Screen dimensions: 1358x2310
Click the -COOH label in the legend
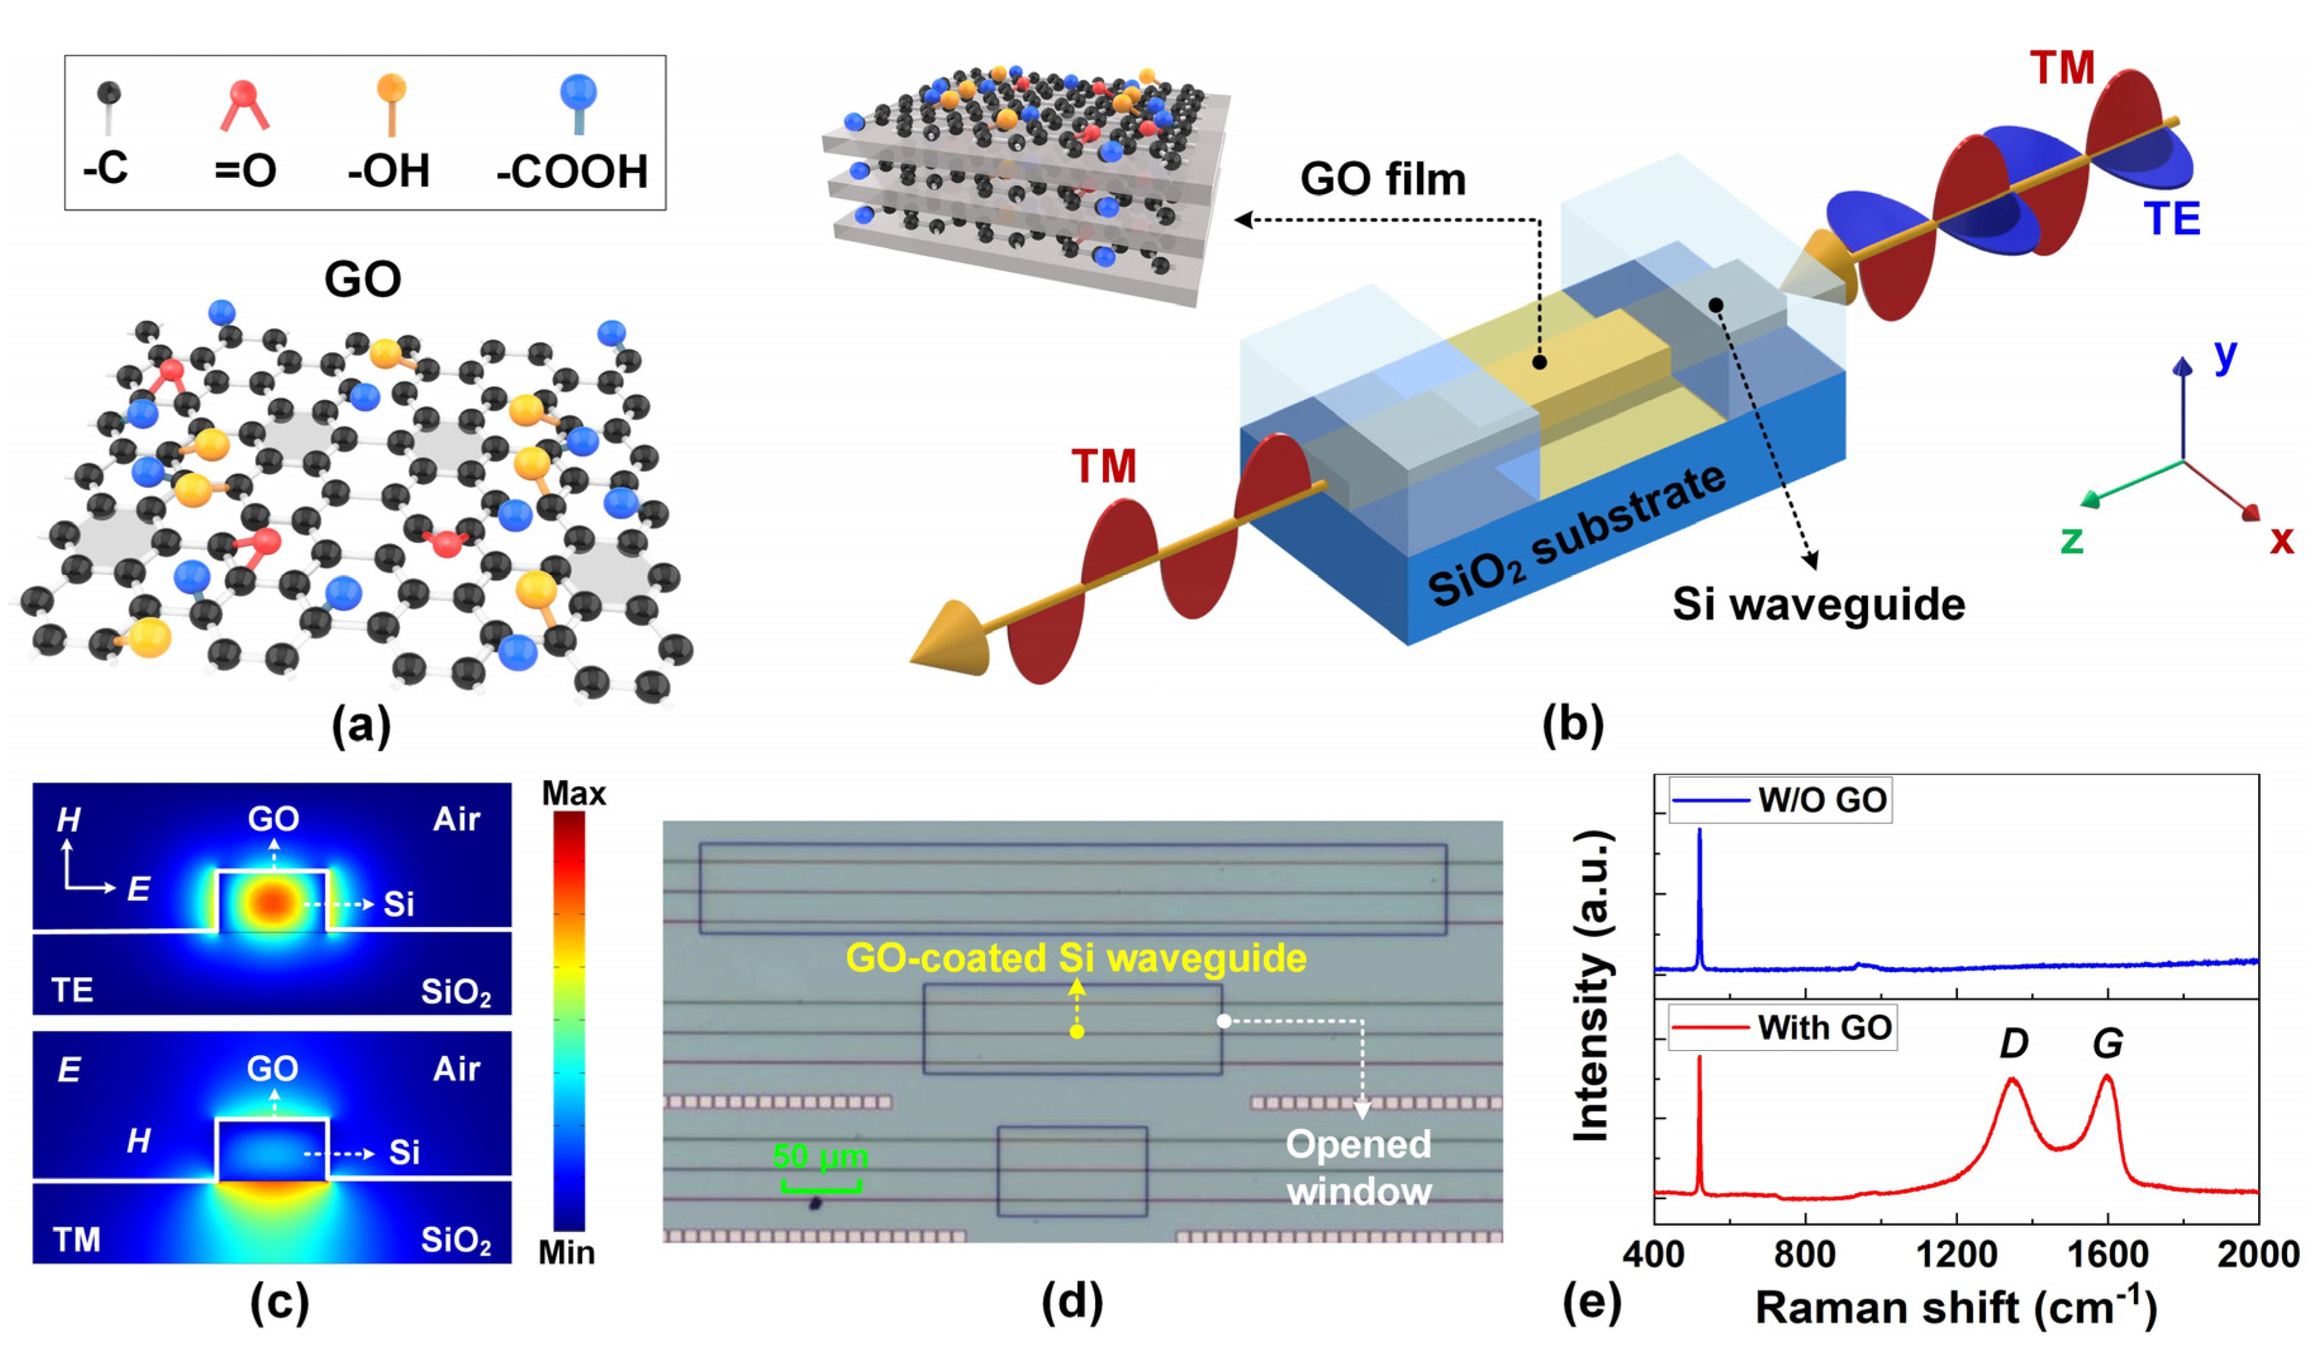coord(572,171)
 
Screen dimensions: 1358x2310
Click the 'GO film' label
coord(1383,178)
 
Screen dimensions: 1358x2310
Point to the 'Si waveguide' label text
coord(1819,605)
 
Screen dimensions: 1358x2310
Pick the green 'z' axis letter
coord(2072,540)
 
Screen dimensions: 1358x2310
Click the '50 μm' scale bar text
coord(820,1156)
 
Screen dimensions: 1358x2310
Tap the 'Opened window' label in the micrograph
coord(1359,1168)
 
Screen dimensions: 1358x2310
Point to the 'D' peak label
coord(2014,1043)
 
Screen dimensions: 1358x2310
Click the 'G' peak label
coord(2108,1043)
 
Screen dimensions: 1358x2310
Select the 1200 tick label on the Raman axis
coord(1955,1254)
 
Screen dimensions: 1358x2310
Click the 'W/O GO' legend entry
coord(1823,800)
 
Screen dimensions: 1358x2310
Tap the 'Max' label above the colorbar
coord(574,794)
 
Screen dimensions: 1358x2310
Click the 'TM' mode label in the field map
coord(77,1240)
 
